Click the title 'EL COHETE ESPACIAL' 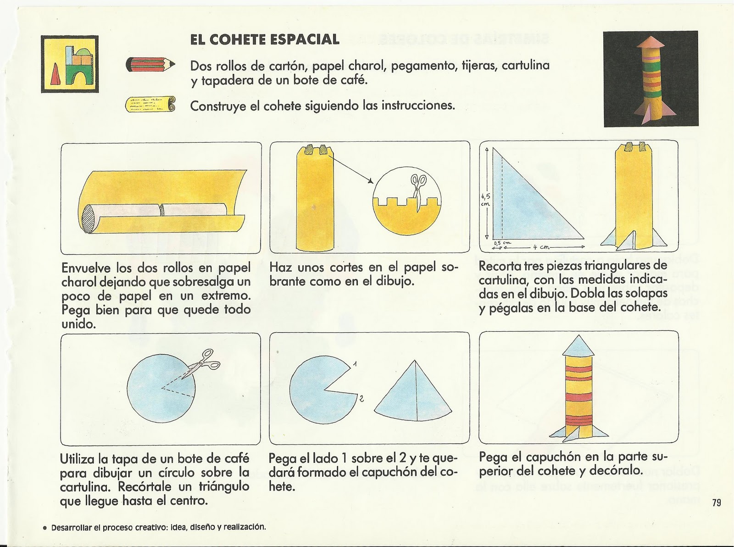pos(265,39)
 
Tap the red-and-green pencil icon pos(150,65)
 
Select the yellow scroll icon pos(150,106)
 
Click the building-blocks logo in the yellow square pos(70,64)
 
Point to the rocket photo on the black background pos(651,79)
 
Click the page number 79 pos(717,502)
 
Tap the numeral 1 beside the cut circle pos(355,365)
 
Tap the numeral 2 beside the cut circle pos(361,399)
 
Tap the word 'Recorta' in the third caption pos(498,266)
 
